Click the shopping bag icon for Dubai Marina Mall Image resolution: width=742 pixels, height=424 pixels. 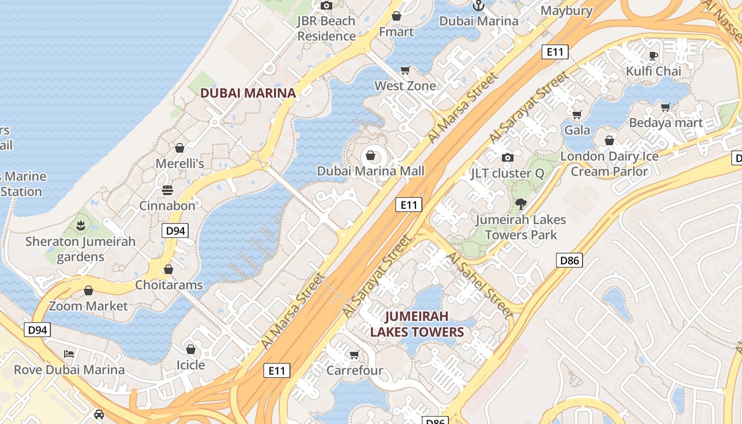(370, 155)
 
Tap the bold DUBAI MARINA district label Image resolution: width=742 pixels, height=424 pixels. (248, 93)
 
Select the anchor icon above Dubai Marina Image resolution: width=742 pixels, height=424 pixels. (479, 6)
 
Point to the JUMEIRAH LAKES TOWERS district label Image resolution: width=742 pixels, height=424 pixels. (417, 324)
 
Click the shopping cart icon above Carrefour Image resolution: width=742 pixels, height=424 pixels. (354, 355)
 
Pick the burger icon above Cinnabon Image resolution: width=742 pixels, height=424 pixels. (167, 190)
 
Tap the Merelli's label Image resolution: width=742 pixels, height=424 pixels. (180, 163)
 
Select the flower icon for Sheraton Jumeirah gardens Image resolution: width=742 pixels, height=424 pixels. (81, 226)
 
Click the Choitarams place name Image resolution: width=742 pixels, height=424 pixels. (169, 285)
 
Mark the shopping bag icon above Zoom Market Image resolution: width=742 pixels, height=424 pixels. (89, 290)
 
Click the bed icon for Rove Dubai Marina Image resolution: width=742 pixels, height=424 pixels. (69, 354)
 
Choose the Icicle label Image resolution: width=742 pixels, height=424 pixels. (190, 365)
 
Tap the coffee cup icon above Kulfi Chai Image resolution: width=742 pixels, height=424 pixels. (653, 56)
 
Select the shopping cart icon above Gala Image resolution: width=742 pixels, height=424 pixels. (577, 114)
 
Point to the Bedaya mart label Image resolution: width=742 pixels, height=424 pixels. (666, 123)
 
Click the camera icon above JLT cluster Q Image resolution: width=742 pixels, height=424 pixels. (508, 157)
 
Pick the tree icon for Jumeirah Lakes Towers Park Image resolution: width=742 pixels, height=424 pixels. (521, 204)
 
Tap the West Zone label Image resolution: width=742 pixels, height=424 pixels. (405, 86)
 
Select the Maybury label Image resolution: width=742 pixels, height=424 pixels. (566, 11)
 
